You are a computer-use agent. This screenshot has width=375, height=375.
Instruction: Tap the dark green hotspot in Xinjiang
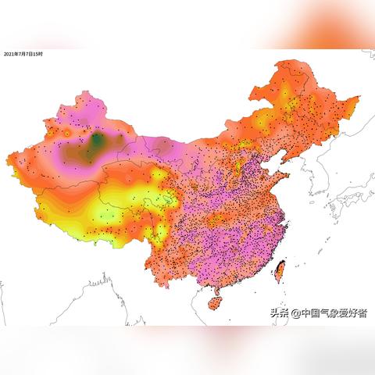pyautogui.click(x=97, y=142)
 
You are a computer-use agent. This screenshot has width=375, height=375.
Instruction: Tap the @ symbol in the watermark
pyautogui.click(x=295, y=313)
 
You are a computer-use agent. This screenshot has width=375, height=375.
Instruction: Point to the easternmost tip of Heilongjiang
pyautogui.click(x=360, y=98)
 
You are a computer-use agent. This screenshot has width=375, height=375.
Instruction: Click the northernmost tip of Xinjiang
pyautogui.click(x=79, y=93)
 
